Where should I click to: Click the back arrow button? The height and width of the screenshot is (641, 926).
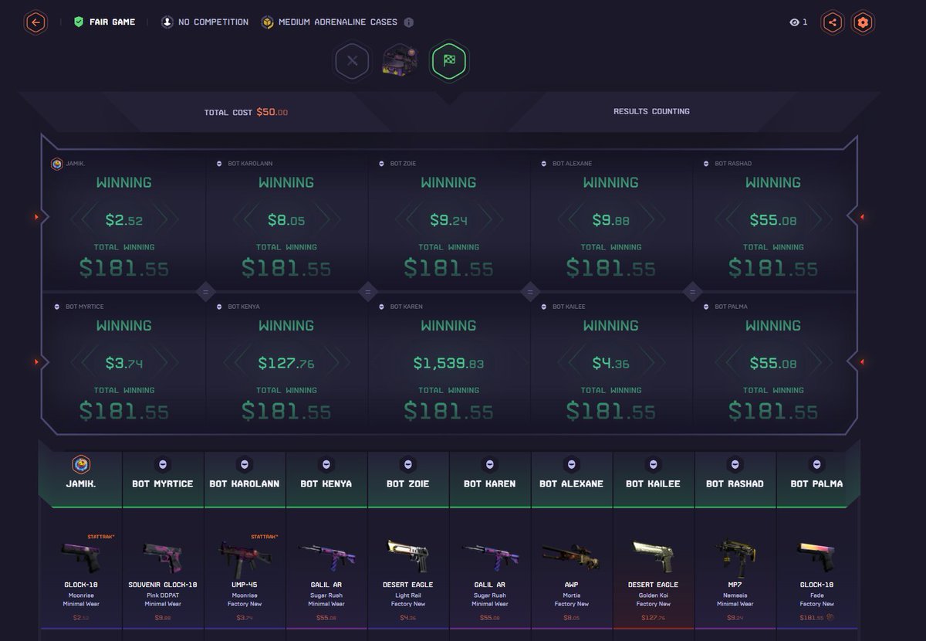point(35,22)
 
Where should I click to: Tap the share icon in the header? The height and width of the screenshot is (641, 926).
point(832,22)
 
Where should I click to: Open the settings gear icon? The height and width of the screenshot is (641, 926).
point(863,22)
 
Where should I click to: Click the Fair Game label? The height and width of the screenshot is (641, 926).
point(112,22)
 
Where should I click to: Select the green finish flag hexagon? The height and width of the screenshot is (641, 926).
point(449,60)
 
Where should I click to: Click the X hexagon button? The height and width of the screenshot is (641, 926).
point(353,60)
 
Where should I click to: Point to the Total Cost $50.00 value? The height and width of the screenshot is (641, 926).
point(272,112)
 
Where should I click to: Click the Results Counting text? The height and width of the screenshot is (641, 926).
point(651,111)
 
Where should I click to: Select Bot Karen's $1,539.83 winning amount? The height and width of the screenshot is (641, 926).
point(448,363)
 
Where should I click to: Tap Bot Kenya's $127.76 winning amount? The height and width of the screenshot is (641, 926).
point(286,363)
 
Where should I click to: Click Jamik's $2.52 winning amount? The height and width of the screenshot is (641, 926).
point(124,220)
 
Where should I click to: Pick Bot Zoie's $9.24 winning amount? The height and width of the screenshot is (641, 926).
point(448,220)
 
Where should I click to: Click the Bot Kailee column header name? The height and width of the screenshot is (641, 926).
point(653,483)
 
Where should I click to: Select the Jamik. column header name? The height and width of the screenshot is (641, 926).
point(81,483)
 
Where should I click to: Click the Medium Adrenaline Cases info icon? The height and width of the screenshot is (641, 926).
point(409,22)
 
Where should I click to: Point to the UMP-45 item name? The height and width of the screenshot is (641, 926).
point(245,585)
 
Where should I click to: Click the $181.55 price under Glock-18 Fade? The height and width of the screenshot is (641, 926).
point(811,617)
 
